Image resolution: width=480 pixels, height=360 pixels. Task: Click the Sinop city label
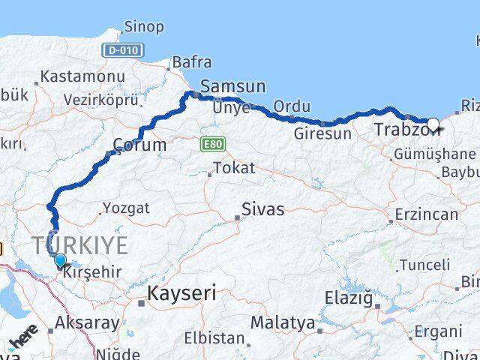145,27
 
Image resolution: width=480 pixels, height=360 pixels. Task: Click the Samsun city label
232,86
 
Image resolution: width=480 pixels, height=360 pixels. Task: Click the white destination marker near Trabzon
433,124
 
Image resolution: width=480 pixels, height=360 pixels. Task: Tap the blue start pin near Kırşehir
60,261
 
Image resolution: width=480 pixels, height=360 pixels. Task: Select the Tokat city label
234,168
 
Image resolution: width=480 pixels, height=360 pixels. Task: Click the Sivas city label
262,209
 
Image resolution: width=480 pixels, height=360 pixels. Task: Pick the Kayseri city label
182,292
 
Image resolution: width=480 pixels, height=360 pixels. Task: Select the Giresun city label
322,134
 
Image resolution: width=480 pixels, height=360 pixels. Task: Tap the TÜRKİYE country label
79,244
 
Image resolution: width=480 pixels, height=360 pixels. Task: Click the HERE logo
23,341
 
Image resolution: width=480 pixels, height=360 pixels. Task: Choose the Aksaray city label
87,323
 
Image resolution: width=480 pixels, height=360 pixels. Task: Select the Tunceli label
424,265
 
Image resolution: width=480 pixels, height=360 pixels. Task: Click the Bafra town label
192,62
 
